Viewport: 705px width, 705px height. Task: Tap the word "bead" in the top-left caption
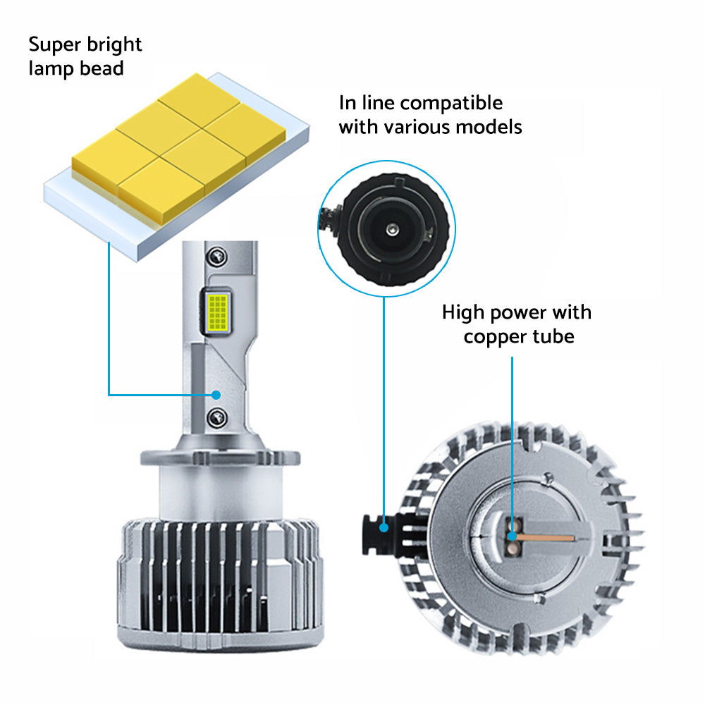tap(102, 68)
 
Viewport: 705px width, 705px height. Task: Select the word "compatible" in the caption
tap(451, 104)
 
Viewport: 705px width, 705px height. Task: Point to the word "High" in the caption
tap(463, 313)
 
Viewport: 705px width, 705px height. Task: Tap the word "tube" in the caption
tap(553, 336)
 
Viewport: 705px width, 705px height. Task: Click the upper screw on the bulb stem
tap(217, 257)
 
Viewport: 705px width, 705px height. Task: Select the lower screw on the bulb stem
tap(217, 417)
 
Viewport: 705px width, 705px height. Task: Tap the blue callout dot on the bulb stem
tap(216, 395)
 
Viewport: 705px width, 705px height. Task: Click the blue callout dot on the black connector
tap(384, 527)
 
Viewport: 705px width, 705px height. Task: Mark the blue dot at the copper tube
tap(512, 536)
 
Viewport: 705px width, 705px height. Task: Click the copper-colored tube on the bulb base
tap(545, 538)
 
